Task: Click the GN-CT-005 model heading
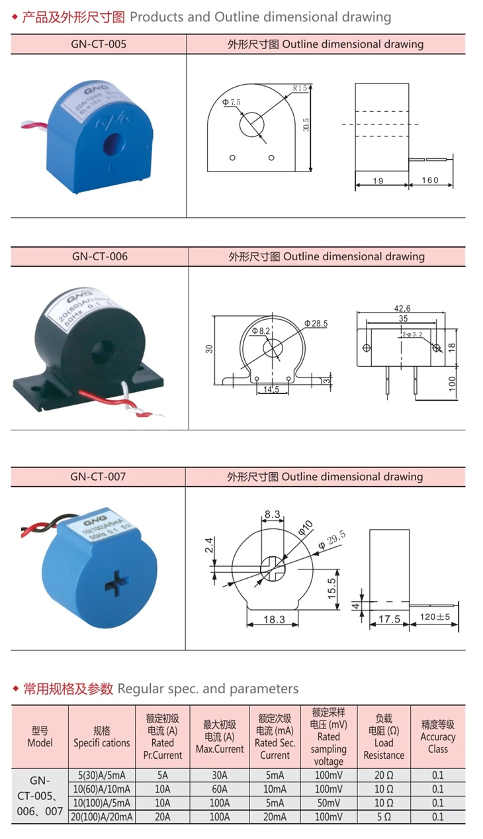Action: coord(98,44)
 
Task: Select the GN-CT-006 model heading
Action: coord(99,256)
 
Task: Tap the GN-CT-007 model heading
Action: coord(98,476)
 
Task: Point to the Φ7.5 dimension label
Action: coord(232,102)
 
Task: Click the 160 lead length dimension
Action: coord(430,180)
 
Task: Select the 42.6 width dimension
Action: coord(402,308)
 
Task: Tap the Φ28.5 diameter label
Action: coord(316,323)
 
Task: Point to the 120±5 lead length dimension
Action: coord(435,617)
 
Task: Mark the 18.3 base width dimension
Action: coord(273,619)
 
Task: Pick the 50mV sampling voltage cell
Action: coord(328,803)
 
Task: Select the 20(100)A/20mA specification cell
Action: coord(102,817)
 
